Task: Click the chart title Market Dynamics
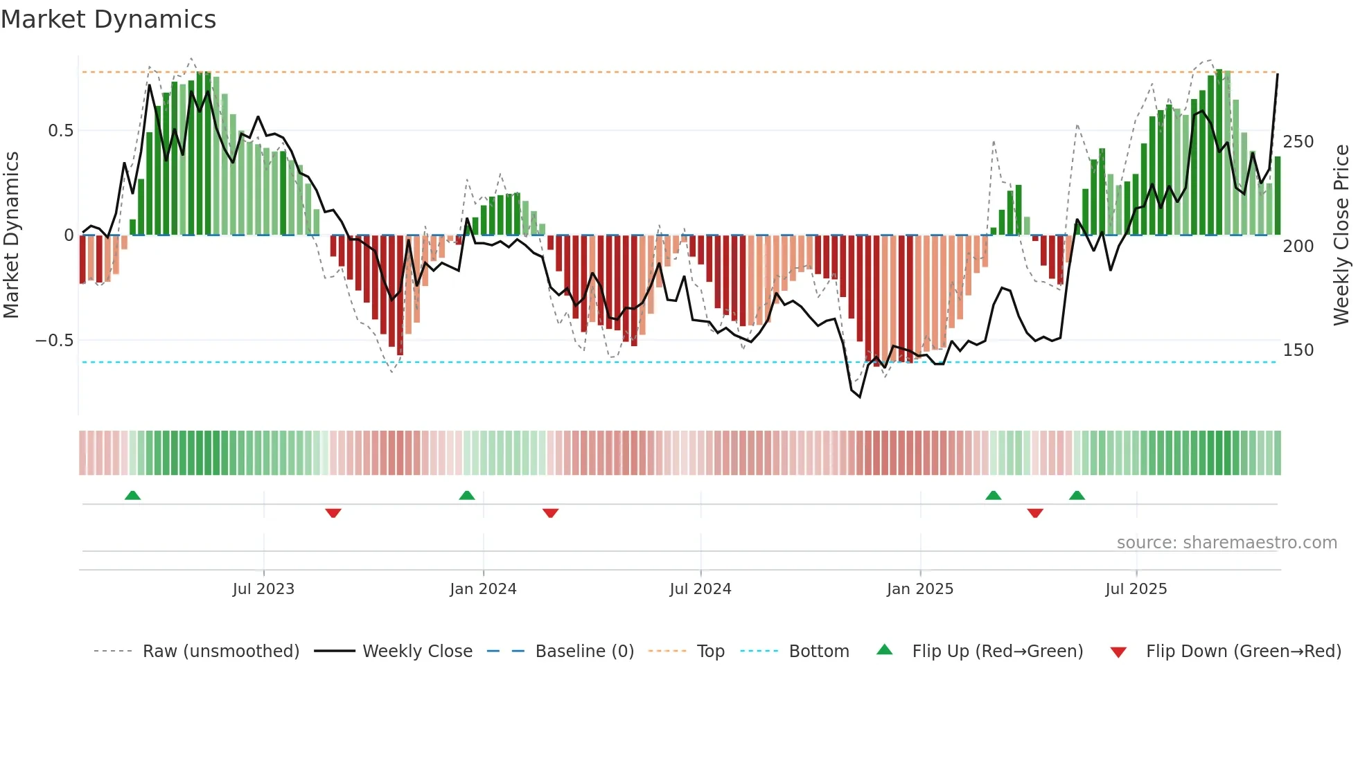click(x=109, y=19)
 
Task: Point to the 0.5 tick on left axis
click(x=60, y=131)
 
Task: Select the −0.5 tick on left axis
click(x=55, y=341)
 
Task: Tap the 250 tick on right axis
click(x=1298, y=142)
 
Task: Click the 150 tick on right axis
click(x=1298, y=350)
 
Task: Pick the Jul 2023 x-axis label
click(x=263, y=589)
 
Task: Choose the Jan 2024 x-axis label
click(x=483, y=589)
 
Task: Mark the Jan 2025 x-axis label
click(x=920, y=589)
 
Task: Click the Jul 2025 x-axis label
click(x=1136, y=589)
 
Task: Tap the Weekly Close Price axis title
click(x=1341, y=235)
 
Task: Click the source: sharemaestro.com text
click(x=1227, y=543)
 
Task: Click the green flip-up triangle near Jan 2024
click(x=467, y=496)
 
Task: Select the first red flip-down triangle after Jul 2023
click(x=333, y=513)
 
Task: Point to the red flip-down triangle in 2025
click(x=1035, y=513)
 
